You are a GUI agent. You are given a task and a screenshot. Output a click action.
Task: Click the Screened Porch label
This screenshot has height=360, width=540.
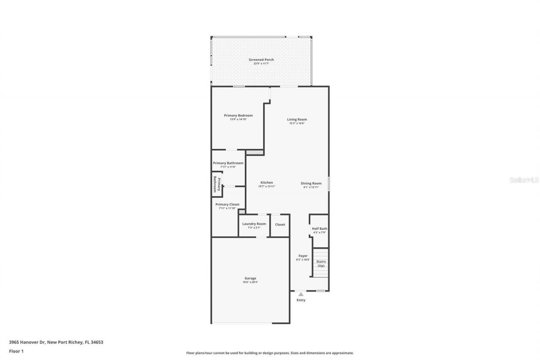click(x=261, y=60)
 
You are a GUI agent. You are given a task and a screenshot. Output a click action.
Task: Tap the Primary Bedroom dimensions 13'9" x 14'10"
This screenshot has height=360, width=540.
click(x=238, y=119)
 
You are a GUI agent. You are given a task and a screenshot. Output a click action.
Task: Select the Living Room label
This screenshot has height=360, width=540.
click(x=297, y=119)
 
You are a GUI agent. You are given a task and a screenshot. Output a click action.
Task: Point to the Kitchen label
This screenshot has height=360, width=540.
click(x=267, y=183)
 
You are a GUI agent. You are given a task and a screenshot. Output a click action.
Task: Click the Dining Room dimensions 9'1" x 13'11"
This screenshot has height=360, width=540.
click(x=311, y=187)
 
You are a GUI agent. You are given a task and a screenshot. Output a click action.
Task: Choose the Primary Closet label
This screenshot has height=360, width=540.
click(x=227, y=204)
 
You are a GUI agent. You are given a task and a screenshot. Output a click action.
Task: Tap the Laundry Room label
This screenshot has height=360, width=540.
click(x=254, y=224)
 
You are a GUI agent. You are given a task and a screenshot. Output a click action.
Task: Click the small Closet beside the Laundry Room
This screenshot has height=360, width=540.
click(x=280, y=225)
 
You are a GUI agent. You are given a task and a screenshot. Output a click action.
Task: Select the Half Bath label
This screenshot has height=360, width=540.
click(x=319, y=228)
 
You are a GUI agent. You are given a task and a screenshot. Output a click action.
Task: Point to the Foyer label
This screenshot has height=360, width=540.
click(x=303, y=256)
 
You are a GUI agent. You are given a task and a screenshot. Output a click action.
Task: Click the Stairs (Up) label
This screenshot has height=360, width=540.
click(x=321, y=263)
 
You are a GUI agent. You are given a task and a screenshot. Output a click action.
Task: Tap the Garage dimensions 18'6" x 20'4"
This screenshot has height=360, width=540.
click(x=250, y=282)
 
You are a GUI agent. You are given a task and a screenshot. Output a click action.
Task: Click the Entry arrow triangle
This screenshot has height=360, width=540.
click(x=301, y=294)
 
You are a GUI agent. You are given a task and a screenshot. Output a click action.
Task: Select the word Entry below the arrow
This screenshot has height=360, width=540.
click(x=301, y=300)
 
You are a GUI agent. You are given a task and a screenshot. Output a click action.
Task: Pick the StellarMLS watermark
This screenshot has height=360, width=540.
click(x=524, y=180)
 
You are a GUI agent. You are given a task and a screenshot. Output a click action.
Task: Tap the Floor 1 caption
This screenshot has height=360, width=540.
click(x=16, y=351)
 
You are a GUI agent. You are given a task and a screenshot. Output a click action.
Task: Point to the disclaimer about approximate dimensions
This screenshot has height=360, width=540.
click(x=270, y=353)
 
